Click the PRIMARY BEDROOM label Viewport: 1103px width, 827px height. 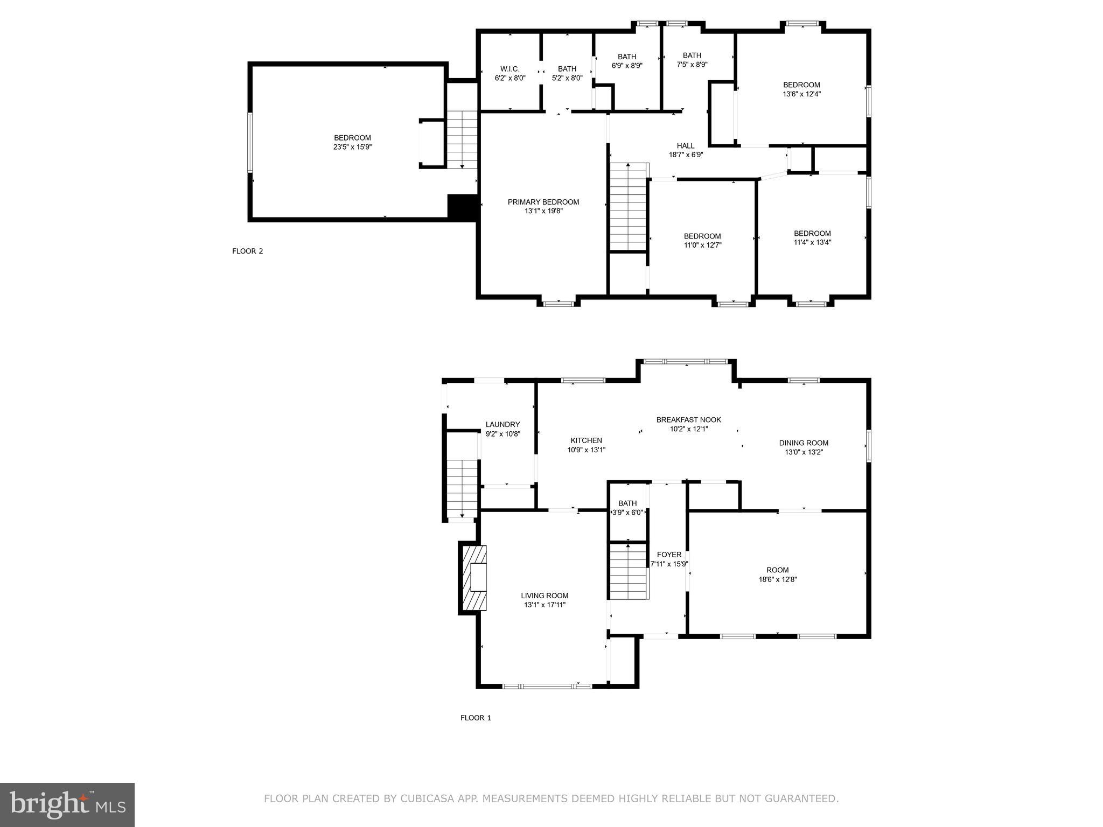tap(543, 202)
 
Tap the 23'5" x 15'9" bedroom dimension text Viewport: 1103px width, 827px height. tap(352, 147)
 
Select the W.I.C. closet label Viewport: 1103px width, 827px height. tap(509, 69)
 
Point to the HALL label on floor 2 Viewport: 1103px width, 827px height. tap(685, 145)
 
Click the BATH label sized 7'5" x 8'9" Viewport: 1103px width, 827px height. tap(692, 55)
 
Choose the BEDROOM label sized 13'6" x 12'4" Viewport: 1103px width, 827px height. tap(801, 85)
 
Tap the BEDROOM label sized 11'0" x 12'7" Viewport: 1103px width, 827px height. tap(702, 236)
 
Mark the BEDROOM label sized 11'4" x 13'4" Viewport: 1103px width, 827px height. tap(812, 233)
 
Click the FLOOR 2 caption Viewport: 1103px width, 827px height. tap(247, 251)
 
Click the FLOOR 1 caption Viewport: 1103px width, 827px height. tap(475, 718)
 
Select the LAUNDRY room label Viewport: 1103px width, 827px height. tap(502, 424)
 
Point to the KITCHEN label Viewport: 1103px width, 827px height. tap(586, 440)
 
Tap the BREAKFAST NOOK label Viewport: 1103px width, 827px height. tap(688, 420)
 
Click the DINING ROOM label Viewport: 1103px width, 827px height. tap(803, 443)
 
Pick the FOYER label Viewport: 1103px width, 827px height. tap(669, 555)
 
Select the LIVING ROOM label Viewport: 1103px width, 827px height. tap(544, 595)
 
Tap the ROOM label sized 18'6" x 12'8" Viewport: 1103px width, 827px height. tap(777, 570)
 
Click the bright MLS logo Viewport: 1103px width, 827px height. tap(67, 805)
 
